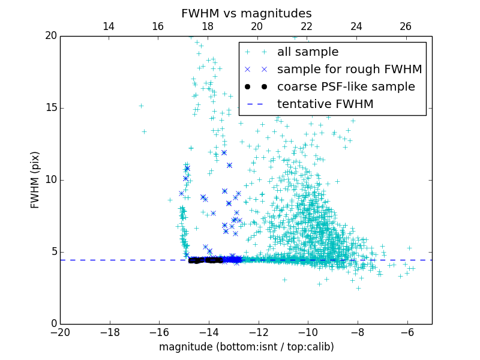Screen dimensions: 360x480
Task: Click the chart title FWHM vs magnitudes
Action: point(246,13)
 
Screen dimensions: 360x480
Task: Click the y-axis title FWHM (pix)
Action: point(35,180)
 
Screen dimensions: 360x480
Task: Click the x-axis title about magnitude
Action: point(246,347)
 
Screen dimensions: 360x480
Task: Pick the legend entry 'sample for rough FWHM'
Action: point(349,70)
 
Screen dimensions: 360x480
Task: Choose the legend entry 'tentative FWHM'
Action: point(325,104)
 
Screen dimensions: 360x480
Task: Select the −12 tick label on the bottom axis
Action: point(258,332)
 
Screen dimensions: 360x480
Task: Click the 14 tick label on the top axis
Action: point(109,26)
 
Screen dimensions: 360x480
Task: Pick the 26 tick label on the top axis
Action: point(406,26)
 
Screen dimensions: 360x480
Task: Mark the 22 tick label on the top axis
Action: point(307,26)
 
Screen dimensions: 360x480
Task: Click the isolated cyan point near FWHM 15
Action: point(141,106)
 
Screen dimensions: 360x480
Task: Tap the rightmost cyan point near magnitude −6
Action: point(412,268)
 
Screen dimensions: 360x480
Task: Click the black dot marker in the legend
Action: point(255,87)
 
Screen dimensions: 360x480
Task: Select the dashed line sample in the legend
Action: point(255,104)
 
